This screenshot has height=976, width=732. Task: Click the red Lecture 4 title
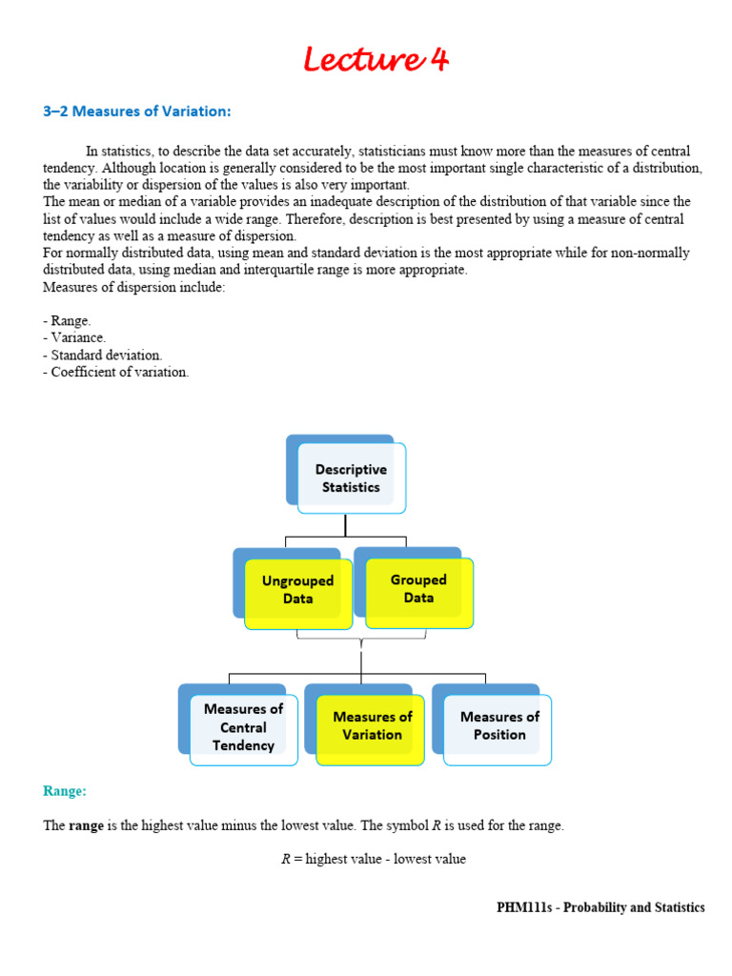[375, 60]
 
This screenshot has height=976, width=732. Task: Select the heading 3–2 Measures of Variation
[136, 112]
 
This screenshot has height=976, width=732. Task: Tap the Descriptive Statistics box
[351, 478]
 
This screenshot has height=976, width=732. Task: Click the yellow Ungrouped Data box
[297, 590]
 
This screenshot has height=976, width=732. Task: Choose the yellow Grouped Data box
[418, 589]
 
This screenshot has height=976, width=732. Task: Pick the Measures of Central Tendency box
[243, 727]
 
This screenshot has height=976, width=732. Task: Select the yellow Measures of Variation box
[372, 726]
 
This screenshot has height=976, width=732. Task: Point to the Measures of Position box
[499, 725]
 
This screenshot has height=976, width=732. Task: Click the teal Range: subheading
[65, 790]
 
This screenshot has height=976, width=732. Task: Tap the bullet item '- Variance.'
[74, 337]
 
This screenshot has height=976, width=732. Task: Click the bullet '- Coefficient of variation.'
[115, 372]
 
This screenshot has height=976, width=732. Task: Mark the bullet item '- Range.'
[67, 320]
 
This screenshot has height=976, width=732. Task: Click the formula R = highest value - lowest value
[373, 859]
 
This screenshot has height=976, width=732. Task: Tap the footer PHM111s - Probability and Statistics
[600, 907]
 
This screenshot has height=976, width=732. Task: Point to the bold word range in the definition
[86, 825]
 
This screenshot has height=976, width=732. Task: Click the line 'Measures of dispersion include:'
[133, 287]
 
